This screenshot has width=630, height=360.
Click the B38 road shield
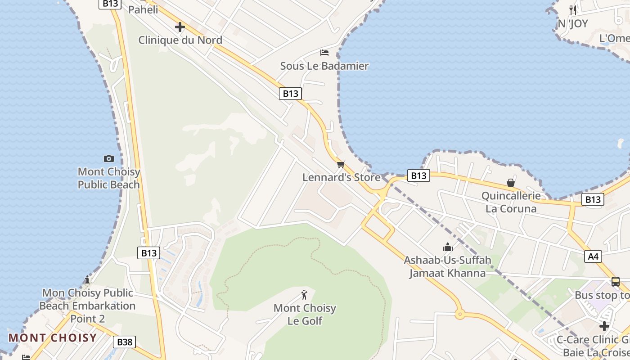pos(125,342)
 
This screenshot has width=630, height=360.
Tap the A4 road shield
pos(593,256)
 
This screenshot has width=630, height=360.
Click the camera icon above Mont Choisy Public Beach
pos(108,158)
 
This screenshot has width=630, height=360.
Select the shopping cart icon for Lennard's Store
pos(341,164)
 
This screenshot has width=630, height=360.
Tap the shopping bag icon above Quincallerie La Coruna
pos(511,183)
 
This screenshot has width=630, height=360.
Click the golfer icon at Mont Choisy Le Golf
pos(305,295)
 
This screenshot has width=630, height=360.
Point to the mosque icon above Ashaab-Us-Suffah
pos(447,247)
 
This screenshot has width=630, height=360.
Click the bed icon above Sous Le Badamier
pos(324,53)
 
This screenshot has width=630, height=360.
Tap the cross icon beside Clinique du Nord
pos(180,27)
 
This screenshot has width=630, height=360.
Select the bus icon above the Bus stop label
pos(615,282)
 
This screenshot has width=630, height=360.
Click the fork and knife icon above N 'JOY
pos(573,10)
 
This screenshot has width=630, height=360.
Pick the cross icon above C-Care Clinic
pos(604,326)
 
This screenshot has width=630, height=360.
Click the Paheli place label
pos(143,9)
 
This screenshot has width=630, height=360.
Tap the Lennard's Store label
pos(341,177)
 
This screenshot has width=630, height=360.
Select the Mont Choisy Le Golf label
pos(305,315)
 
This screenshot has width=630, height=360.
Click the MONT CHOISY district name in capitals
pos(53,338)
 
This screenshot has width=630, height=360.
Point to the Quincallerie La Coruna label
pos(511,202)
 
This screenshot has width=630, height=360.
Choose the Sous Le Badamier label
pos(324,66)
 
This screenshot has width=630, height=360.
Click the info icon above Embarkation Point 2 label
pos(87,280)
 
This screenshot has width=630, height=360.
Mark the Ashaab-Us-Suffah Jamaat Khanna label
pos(447,266)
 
